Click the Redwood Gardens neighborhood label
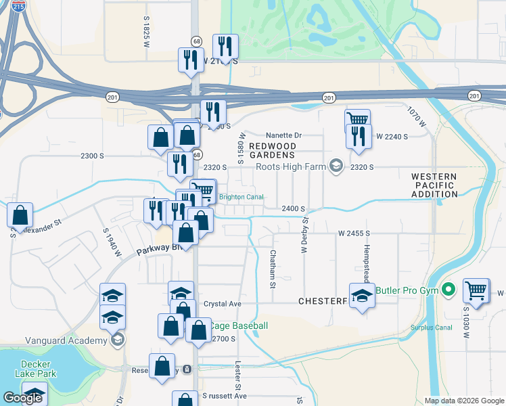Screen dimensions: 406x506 click(x=273, y=150)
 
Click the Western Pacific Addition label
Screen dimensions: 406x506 click(x=434, y=185)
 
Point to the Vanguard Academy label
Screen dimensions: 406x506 click(x=57, y=340)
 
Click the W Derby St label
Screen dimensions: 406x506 click(x=305, y=233)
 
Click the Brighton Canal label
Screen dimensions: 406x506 click(x=241, y=197)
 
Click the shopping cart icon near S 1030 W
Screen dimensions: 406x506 click(x=476, y=291)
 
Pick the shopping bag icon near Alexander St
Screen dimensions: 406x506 click(x=20, y=215)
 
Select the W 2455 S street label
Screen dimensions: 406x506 click(x=356, y=233)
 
